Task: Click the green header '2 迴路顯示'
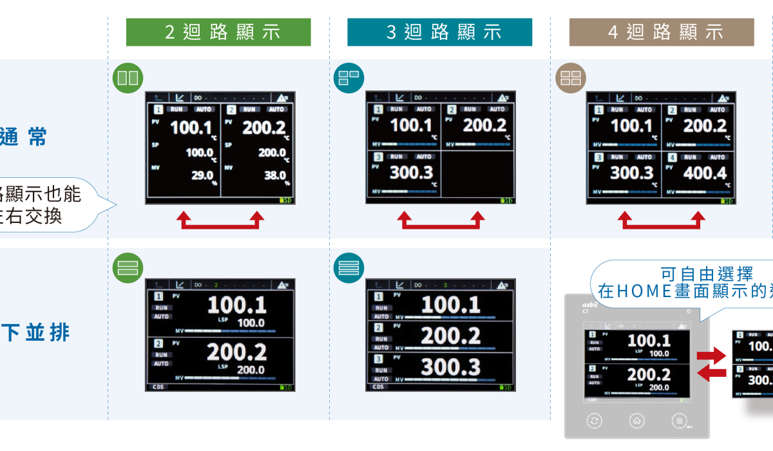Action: click(x=218, y=32)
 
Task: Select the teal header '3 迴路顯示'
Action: click(x=439, y=32)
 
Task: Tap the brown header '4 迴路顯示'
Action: click(x=661, y=32)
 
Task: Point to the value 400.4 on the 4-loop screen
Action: click(x=705, y=173)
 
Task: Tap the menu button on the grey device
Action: click(x=678, y=421)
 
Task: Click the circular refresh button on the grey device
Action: click(x=595, y=421)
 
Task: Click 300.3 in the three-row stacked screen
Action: click(x=450, y=367)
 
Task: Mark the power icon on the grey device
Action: click(x=689, y=311)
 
